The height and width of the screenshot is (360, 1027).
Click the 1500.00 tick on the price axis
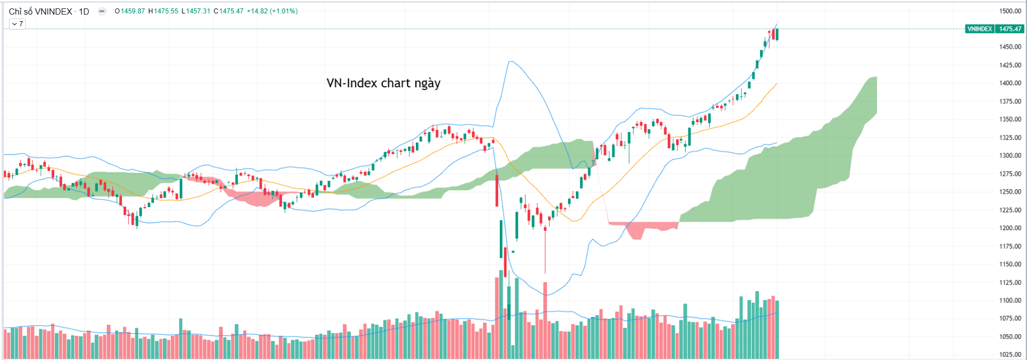pyautogui.click(x=1010, y=11)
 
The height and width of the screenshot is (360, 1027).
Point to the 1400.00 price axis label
pyautogui.click(x=1010, y=83)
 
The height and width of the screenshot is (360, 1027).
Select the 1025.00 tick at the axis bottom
pyautogui.click(x=1010, y=354)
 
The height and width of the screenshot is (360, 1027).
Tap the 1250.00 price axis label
pyautogui.click(x=1010, y=191)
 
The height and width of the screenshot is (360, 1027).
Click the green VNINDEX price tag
pyautogui.click(x=979, y=29)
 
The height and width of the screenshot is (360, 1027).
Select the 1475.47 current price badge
pyautogui.click(x=1010, y=29)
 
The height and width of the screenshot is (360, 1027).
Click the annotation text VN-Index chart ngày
pyautogui.click(x=383, y=83)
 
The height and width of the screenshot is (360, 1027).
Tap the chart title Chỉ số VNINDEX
pyautogui.click(x=40, y=11)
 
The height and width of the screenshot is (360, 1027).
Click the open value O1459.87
pyautogui.click(x=130, y=11)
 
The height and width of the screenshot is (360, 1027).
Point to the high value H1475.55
pyautogui.click(x=163, y=11)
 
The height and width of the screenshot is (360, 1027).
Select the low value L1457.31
pyautogui.click(x=196, y=11)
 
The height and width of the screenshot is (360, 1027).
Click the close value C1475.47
pyautogui.click(x=228, y=11)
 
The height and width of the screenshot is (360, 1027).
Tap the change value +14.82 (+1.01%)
pyautogui.click(x=272, y=11)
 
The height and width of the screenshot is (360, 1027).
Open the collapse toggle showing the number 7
pyautogui.click(x=17, y=24)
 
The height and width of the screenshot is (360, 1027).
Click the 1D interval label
pyautogui.click(x=84, y=11)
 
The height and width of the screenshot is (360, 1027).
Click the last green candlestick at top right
pyautogui.click(x=777, y=34)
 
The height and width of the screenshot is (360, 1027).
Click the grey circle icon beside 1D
pyautogui.click(x=102, y=11)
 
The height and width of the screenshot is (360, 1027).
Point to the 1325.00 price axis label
pyautogui.click(x=1010, y=137)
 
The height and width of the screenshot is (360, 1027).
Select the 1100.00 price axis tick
pyautogui.click(x=1010, y=300)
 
